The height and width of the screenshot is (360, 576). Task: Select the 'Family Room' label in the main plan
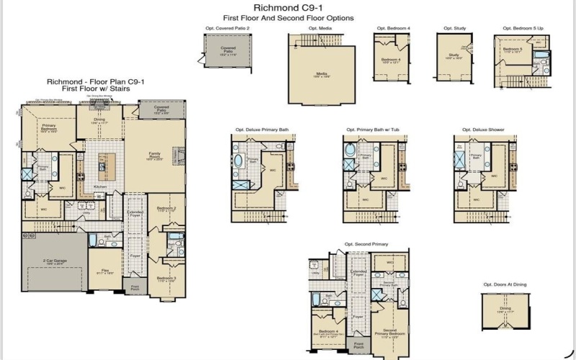(x=155, y=154)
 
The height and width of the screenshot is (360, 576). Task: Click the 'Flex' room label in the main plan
(x=105, y=271)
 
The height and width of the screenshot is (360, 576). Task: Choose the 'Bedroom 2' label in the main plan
(x=166, y=209)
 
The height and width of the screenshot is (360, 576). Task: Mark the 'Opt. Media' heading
(x=320, y=28)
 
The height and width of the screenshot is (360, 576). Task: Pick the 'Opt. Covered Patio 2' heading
(x=228, y=28)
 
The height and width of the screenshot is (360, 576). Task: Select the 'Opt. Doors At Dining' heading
(x=505, y=284)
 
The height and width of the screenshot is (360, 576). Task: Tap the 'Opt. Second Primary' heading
(x=366, y=244)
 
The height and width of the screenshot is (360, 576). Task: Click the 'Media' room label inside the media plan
(x=322, y=73)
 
